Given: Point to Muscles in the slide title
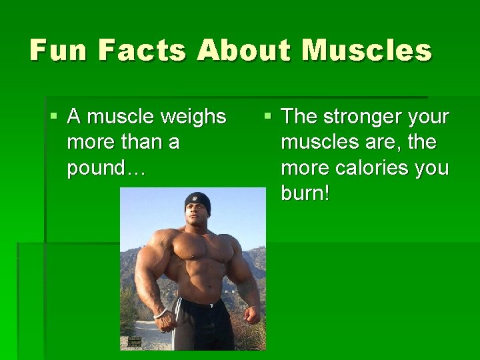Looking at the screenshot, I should click(x=366, y=50).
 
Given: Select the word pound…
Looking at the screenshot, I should click(x=105, y=167).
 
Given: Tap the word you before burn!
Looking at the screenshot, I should click(x=431, y=167).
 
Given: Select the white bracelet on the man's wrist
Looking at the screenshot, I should click(x=160, y=312).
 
